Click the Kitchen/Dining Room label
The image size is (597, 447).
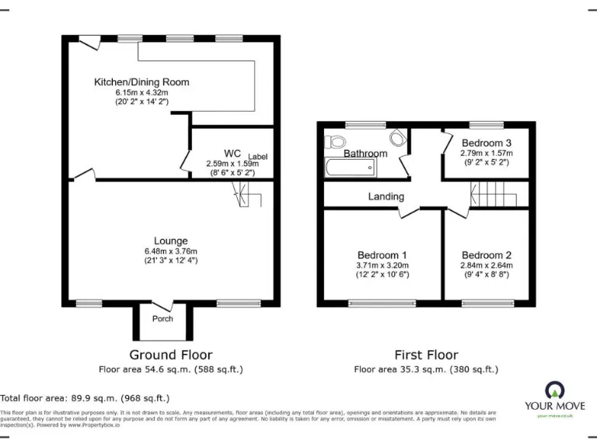click(141, 82)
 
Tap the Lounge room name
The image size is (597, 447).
click(170, 241)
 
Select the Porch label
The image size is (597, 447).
click(162, 319)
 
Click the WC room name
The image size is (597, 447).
click(232, 153)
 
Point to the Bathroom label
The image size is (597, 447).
click(365, 154)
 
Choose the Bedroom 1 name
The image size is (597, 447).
click(382, 255)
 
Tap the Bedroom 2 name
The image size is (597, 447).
click(487, 255)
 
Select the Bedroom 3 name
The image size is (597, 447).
click(487, 143)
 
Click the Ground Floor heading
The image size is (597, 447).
click(170, 355)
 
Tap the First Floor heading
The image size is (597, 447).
click(426, 355)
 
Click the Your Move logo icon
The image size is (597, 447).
click(555, 390)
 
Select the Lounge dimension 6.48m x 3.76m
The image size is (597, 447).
click(170, 251)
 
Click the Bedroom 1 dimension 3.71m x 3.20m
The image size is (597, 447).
click(382, 265)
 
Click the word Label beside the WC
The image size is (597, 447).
click(258, 157)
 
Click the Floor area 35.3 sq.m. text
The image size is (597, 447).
click(426, 369)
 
